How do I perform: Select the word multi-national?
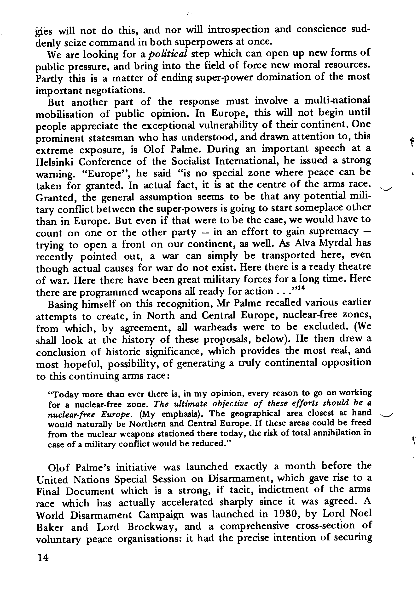(337, 100)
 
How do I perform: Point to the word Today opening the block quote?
(64, 394)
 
